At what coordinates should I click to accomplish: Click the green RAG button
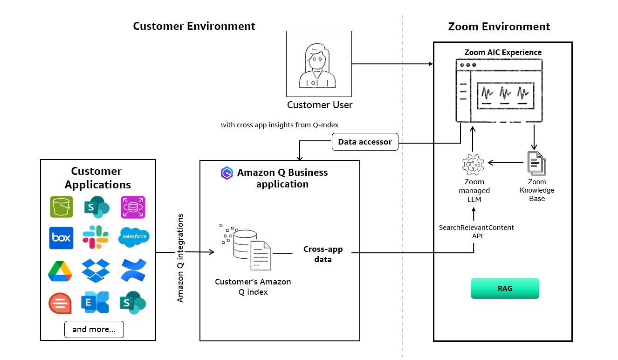click(x=505, y=288)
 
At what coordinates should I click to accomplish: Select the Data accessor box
click(x=365, y=142)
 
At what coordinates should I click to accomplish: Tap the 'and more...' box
click(x=94, y=329)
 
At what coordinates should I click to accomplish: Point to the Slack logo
click(x=96, y=237)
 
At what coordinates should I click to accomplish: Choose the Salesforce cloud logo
click(x=134, y=236)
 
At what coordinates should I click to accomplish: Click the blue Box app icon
click(x=61, y=237)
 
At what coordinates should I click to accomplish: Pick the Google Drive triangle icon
click(x=60, y=271)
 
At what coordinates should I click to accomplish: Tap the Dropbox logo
click(x=96, y=270)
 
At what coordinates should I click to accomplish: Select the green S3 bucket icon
click(x=61, y=207)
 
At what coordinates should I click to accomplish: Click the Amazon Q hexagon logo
click(x=227, y=173)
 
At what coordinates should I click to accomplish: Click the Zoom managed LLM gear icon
click(x=474, y=164)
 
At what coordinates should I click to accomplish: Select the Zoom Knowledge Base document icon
click(x=536, y=163)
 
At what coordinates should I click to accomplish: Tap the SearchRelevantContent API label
click(x=476, y=232)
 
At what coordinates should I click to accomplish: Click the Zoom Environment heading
click(x=499, y=27)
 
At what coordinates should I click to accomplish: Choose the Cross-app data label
click(x=323, y=254)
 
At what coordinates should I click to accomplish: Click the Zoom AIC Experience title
click(x=503, y=52)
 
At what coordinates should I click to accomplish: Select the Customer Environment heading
click(x=194, y=26)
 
